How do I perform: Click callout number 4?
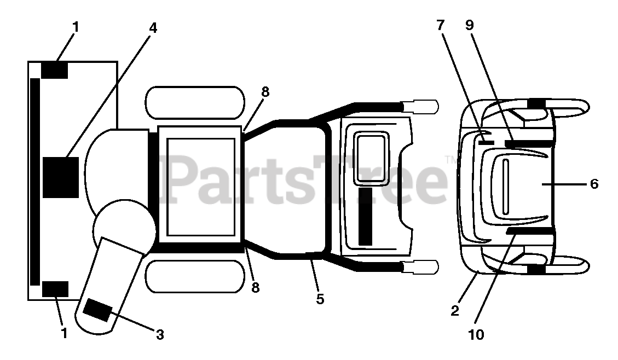coord(153,28)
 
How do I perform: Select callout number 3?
coord(160,334)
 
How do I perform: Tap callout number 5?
coord(320,299)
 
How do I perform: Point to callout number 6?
coord(594,184)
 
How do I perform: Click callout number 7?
coord(441,25)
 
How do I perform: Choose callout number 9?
coord(470,25)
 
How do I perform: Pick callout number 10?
coord(476,334)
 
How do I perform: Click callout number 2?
coord(455,311)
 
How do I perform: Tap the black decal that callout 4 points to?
coord(61,177)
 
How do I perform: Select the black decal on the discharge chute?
coord(97,310)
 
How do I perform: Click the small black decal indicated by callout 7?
coord(486,142)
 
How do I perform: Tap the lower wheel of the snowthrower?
coord(194,276)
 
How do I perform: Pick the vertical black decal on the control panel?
coord(365,216)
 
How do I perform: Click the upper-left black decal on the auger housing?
coord(55,70)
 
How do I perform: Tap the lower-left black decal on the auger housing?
coord(55,288)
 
